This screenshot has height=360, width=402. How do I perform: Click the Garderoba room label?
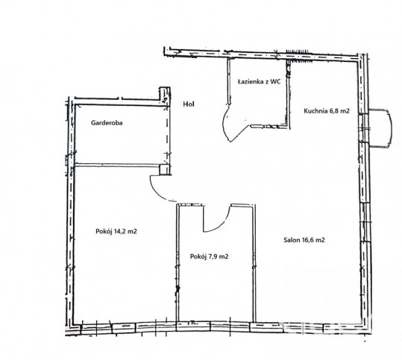coord(107,123)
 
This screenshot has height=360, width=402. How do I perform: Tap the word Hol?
coord(189,104)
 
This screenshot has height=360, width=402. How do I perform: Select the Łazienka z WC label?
coord(259,82)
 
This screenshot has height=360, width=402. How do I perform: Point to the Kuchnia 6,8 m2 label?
coord(327,111)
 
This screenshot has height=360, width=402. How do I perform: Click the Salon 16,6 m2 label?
coord(304,240)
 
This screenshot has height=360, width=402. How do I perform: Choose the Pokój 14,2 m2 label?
coord(116,231)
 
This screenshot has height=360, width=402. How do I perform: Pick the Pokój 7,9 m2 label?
coord(209,256)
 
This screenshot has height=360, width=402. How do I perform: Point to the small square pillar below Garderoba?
coord(164,170)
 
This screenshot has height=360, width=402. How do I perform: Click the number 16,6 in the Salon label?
coord(310,240)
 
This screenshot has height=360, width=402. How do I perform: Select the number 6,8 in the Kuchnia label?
coord(336,111)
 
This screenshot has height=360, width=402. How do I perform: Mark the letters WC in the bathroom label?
coord(276,82)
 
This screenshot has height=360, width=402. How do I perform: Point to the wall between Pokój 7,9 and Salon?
coord(254,263)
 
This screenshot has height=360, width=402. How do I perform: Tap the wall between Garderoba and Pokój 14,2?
coord(116,165)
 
